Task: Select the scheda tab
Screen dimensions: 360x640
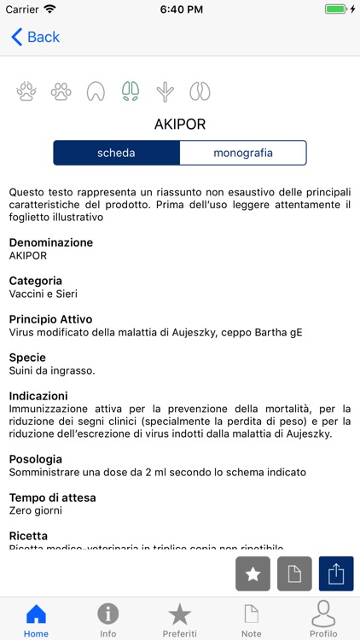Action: pyautogui.click(x=116, y=153)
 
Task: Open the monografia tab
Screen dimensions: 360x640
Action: pyautogui.click(x=243, y=153)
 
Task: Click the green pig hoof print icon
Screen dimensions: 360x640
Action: pyautogui.click(x=131, y=91)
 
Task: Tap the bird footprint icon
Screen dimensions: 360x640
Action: pyautogui.click(x=165, y=91)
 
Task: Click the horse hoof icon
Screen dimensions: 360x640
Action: pyautogui.click(x=96, y=91)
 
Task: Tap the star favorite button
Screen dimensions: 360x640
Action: pyautogui.click(x=253, y=574)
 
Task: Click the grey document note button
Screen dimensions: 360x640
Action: pyautogui.click(x=294, y=574)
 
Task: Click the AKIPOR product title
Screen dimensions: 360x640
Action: pyautogui.click(x=180, y=125)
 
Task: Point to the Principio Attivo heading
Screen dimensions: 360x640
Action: pyautogui.click(x=50, y=319)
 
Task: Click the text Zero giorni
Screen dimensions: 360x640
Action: pyautogui.click(x=35, y=510)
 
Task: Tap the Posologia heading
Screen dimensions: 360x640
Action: pyautogui.click(x=36, y=459)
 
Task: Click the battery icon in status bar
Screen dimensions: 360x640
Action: pyautogui.click(x=336, y=9)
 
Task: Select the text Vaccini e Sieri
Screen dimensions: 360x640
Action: pyautogui.click(x=43, y=294)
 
